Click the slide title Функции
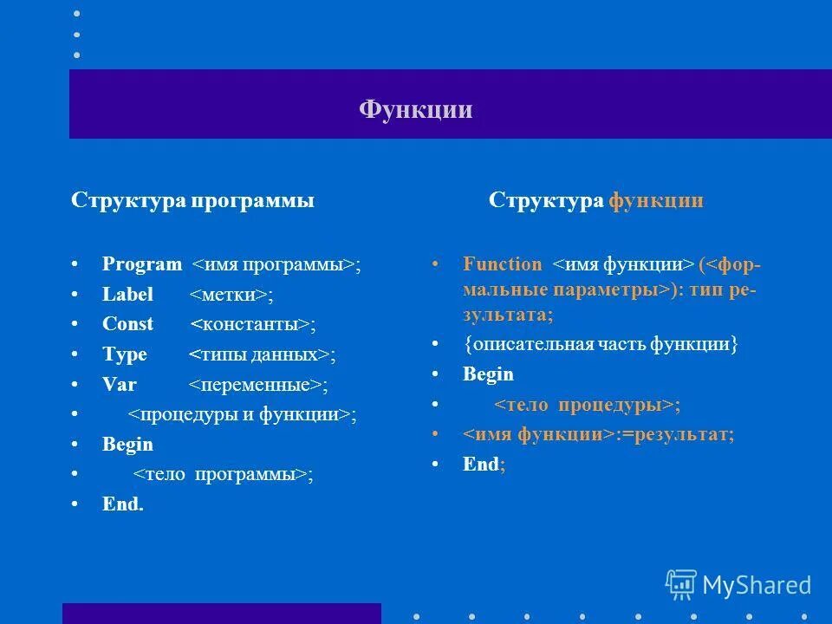pos(416,110)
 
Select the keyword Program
pos(142,265)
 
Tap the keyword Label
pos(127,295)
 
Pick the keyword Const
pos(127,324)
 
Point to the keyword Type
pos(125,354)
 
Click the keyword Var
pos(120,385)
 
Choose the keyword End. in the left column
pos(123,504)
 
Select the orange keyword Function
pos(503,265)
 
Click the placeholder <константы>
pos(250,325)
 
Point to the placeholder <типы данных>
pos(259,355)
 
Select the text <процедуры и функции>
pos(240,414)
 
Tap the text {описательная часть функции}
pos(601,345)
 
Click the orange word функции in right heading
pos(656,201)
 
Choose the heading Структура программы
pos(192,201)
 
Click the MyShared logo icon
pos(681,585)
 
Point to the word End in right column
pos(481,465)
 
